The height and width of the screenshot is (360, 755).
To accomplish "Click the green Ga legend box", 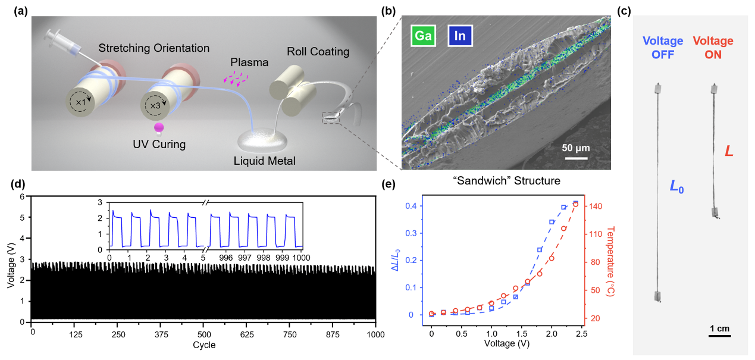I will point(423,36).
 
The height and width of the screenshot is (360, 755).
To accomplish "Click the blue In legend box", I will point(459,36).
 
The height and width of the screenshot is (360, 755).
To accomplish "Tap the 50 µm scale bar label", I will point(576,148).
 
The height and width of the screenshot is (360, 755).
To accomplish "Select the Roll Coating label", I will point(318,52).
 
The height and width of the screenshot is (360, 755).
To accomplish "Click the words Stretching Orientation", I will point(154,48).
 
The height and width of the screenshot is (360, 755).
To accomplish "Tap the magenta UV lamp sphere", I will point(159,127).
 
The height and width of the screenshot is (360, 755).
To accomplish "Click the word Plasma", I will point(249,62).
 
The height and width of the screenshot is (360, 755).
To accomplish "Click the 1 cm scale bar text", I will point(719,328).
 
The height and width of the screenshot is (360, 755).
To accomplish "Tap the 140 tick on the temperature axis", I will point(596,206).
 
